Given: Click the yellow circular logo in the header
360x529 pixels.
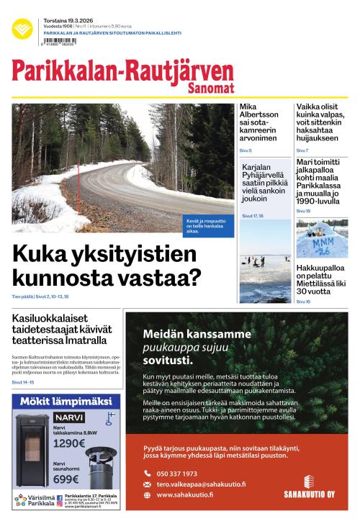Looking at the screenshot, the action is coord(22,30).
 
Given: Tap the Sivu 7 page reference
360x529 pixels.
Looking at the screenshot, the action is coord(302,150).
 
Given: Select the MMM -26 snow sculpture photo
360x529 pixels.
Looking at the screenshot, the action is coord(322,238).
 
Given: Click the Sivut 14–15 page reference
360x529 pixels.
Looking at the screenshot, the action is coord(23,382).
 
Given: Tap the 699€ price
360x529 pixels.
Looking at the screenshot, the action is coord(66,479).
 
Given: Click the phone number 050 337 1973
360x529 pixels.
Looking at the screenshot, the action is coord(176,474).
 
